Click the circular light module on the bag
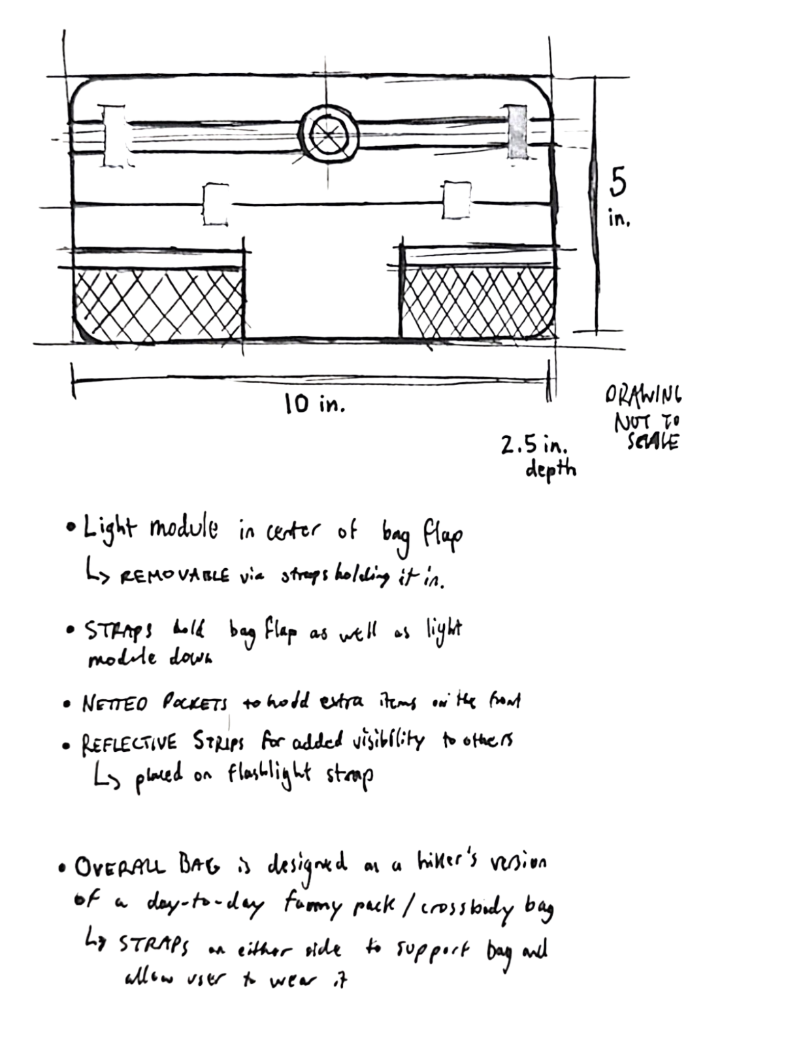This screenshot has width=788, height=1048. click(329, 135)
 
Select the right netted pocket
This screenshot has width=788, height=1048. click(478, 302)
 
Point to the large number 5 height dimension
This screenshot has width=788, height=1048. click(617, 182)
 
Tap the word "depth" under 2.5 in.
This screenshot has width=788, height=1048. click(550, 469)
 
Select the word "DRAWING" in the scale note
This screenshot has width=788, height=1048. click(643, 395)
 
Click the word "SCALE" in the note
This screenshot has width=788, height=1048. click(653, 442)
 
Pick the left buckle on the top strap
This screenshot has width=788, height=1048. click(114, 137)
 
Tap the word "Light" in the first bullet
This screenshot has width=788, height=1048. click(109, 530)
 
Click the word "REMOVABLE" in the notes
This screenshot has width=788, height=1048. click(174, 577)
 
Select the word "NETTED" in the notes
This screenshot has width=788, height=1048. click(115, 703)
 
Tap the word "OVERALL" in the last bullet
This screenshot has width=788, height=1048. click(120, 867)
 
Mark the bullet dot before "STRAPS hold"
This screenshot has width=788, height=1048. click(71, 630)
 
